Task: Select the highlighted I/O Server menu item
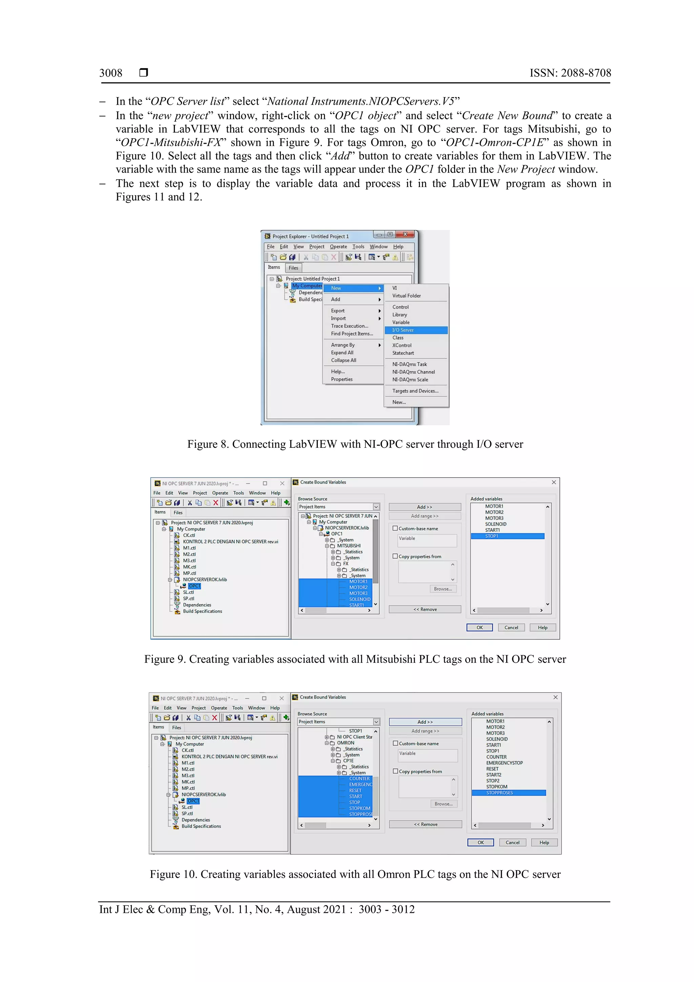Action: click(403, 330)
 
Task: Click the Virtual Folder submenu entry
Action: click(406, 296)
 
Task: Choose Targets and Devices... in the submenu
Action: click(415, 391)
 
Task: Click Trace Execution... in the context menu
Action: click(349, 326)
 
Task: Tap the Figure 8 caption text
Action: click(355, 444)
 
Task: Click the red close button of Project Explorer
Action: click(405, 234)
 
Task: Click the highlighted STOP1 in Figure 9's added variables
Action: click(492, 536)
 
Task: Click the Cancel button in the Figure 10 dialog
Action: click(512, 843)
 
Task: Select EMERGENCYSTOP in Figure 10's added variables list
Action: click(504, 763)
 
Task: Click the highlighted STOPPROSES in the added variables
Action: click(499, 793)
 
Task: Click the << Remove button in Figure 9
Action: click(425, 609)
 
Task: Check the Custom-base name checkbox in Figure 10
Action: click(395, 743)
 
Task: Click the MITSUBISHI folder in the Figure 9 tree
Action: click(348, 546)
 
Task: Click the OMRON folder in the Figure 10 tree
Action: click(346, 743)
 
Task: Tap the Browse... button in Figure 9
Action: click(443, 589)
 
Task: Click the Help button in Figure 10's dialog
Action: click(544, 843)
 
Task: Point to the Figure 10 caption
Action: click(355, 875)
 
